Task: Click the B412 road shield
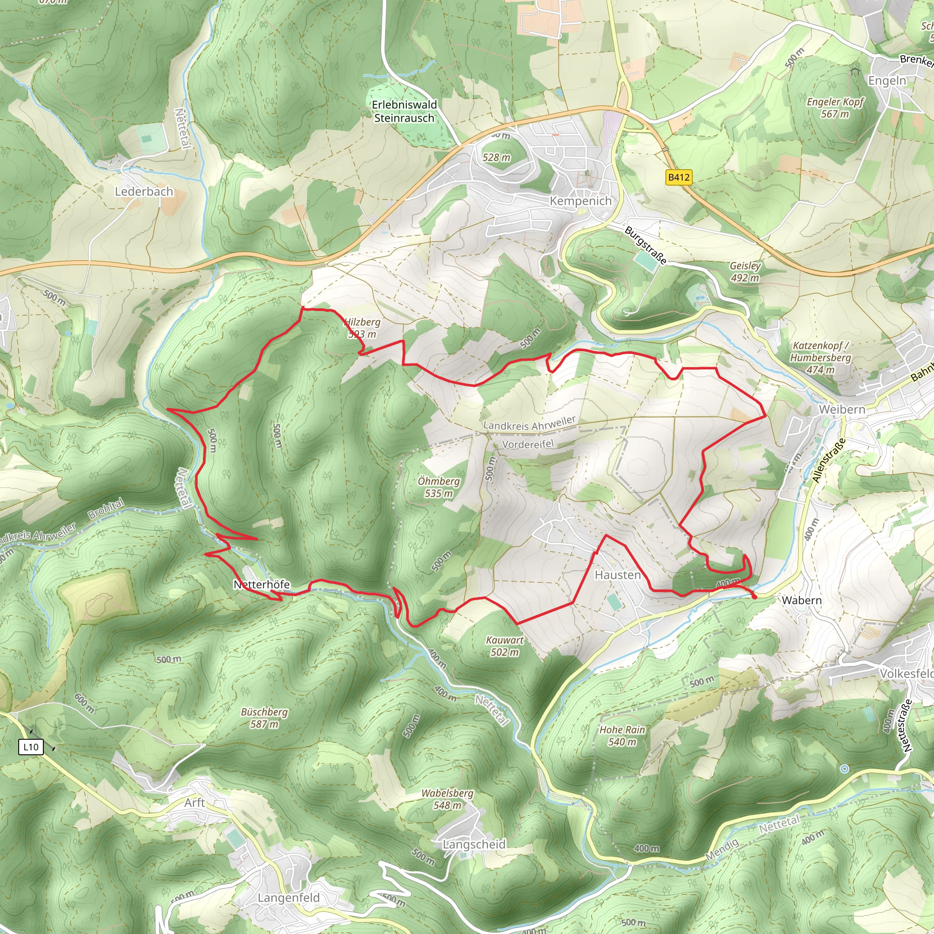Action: tap(679, 177)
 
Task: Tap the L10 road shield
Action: tap(31, 747)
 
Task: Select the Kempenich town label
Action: tap(581, 201)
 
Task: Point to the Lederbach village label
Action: tap(144, 192)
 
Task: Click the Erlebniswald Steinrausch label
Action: tap(404, 111)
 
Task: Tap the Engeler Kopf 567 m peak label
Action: tap(835, 108)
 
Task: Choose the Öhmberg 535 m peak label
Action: tap(438, 487)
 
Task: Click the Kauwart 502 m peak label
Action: tap(505, 646)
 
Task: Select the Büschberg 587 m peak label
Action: tap(265, 718)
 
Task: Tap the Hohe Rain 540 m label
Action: tap(622, 736)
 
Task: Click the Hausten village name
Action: tap(617, 575)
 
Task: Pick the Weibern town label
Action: tap(842, 410)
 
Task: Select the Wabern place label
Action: tap(802, 601)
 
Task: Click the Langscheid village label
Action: tap(474, 844)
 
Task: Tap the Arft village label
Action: tap(194, 803)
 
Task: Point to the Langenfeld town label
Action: tap(289, 898)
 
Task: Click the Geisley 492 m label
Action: tap(745, 272)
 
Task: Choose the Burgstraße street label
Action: tap(645, 246)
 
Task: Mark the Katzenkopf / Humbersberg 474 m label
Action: tap(820, 357)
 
